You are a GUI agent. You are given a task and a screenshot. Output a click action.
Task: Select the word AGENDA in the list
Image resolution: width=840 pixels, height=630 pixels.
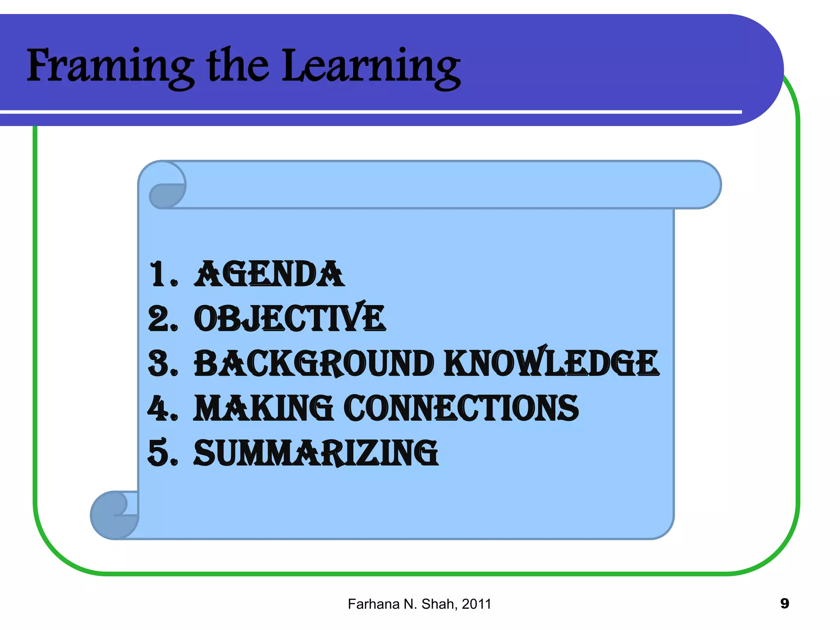[269, 274]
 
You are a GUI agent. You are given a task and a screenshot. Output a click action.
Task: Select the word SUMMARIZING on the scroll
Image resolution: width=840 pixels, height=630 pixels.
[316, 453]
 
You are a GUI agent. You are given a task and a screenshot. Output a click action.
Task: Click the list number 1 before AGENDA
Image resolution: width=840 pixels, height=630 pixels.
[158, 274]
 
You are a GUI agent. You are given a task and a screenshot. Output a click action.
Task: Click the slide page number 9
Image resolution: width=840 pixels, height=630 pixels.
[784, 603]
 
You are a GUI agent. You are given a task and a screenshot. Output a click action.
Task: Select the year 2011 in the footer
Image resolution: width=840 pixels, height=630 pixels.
[476, 604]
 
